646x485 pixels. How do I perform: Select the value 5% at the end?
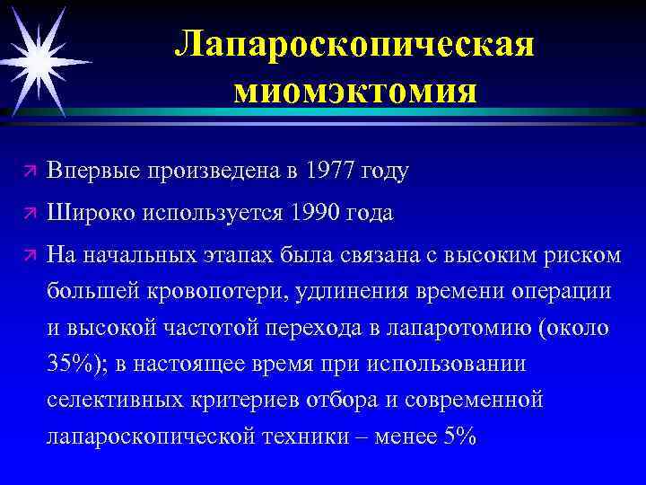point(458,436)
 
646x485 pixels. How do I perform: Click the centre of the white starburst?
point(41,59)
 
